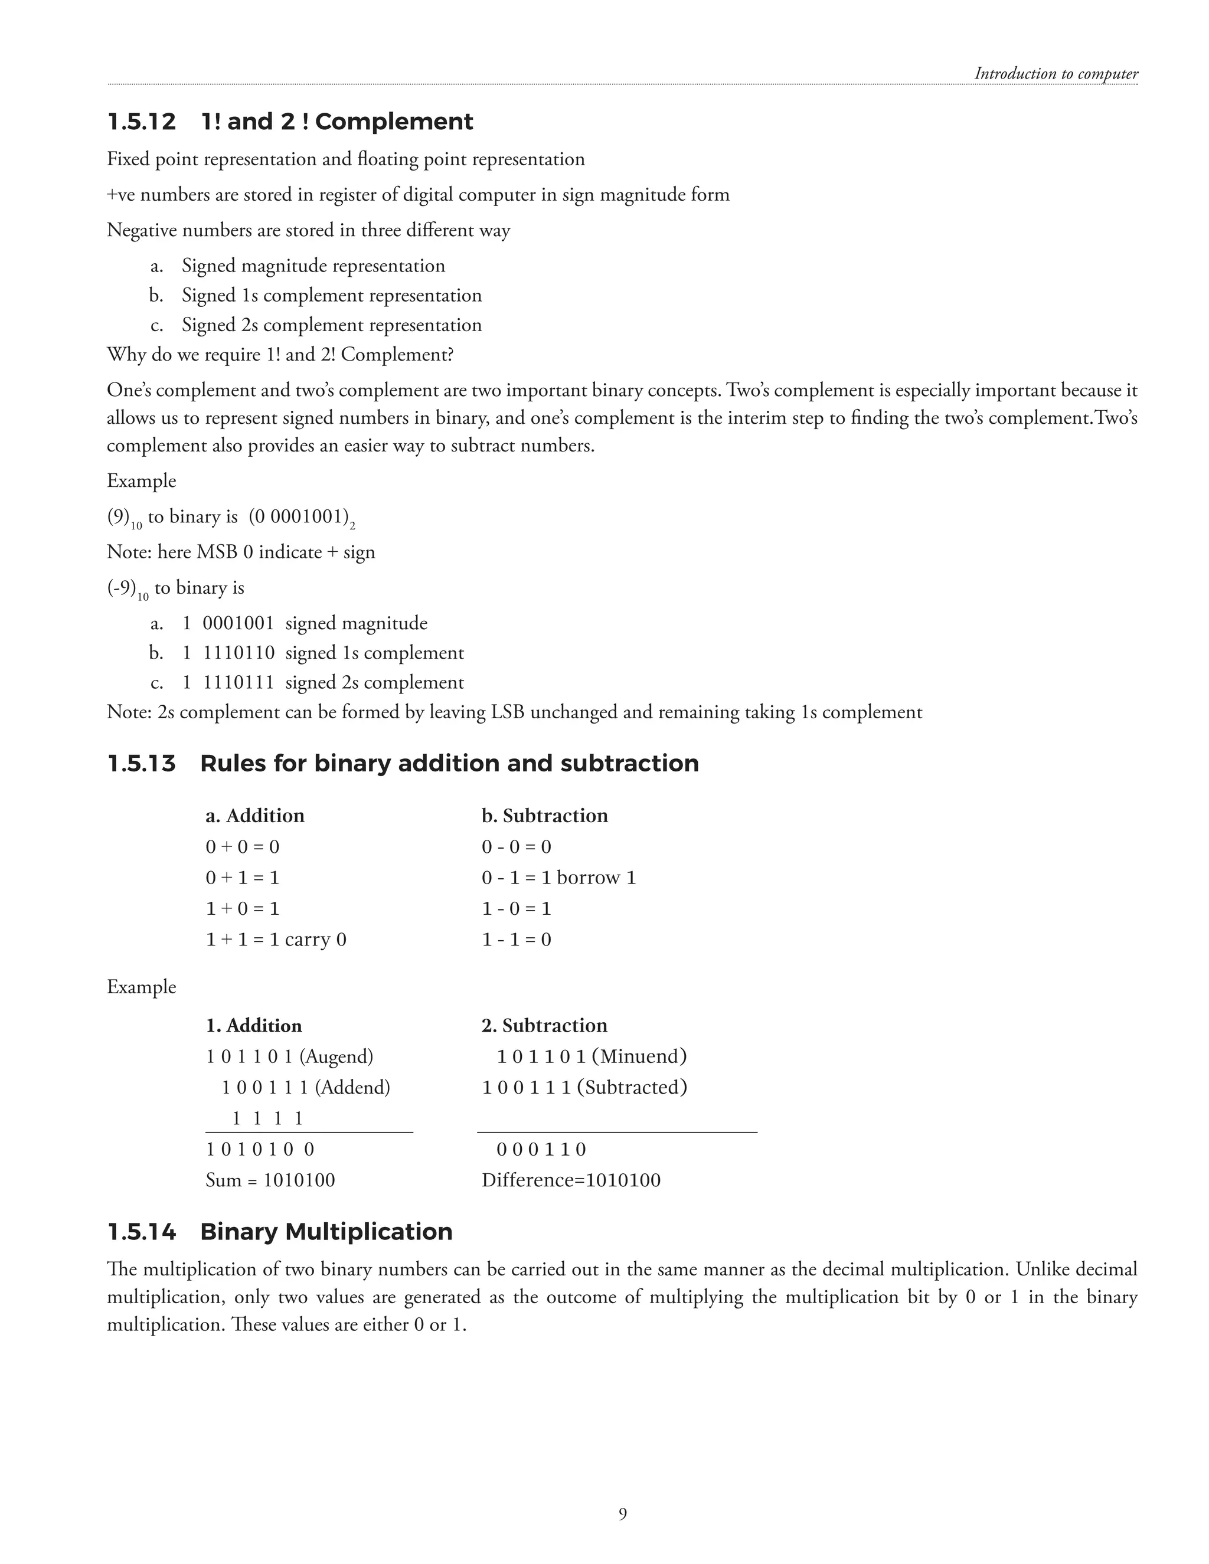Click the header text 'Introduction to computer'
pos(1056,74)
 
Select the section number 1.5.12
pos(141,122)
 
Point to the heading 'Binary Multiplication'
pos(326,1232)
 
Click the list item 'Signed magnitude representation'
pos(313,266)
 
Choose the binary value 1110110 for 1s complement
pos(238,653)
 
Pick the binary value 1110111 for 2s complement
pos(238,682)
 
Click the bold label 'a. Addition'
pos(255,816)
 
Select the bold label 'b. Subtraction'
pos(544,816)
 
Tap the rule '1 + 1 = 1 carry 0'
pos(276,940)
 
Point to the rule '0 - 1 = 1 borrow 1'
pos(558,878)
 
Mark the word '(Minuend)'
pos(639,1056)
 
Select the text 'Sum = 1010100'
pos(270,1180)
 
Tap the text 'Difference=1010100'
pos(571,1180)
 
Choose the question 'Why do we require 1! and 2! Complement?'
pos(280,355)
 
